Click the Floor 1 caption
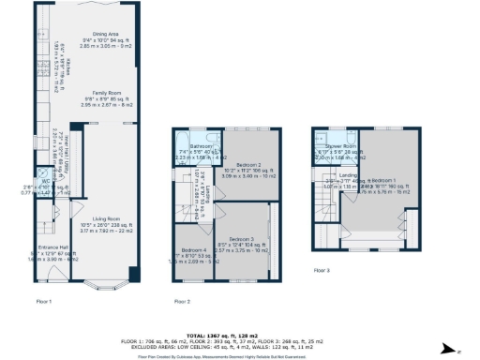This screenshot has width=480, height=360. (x=43, y=302)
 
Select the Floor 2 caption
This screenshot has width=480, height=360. (x=182, y=302)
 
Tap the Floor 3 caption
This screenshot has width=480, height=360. (x=322, y=271)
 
